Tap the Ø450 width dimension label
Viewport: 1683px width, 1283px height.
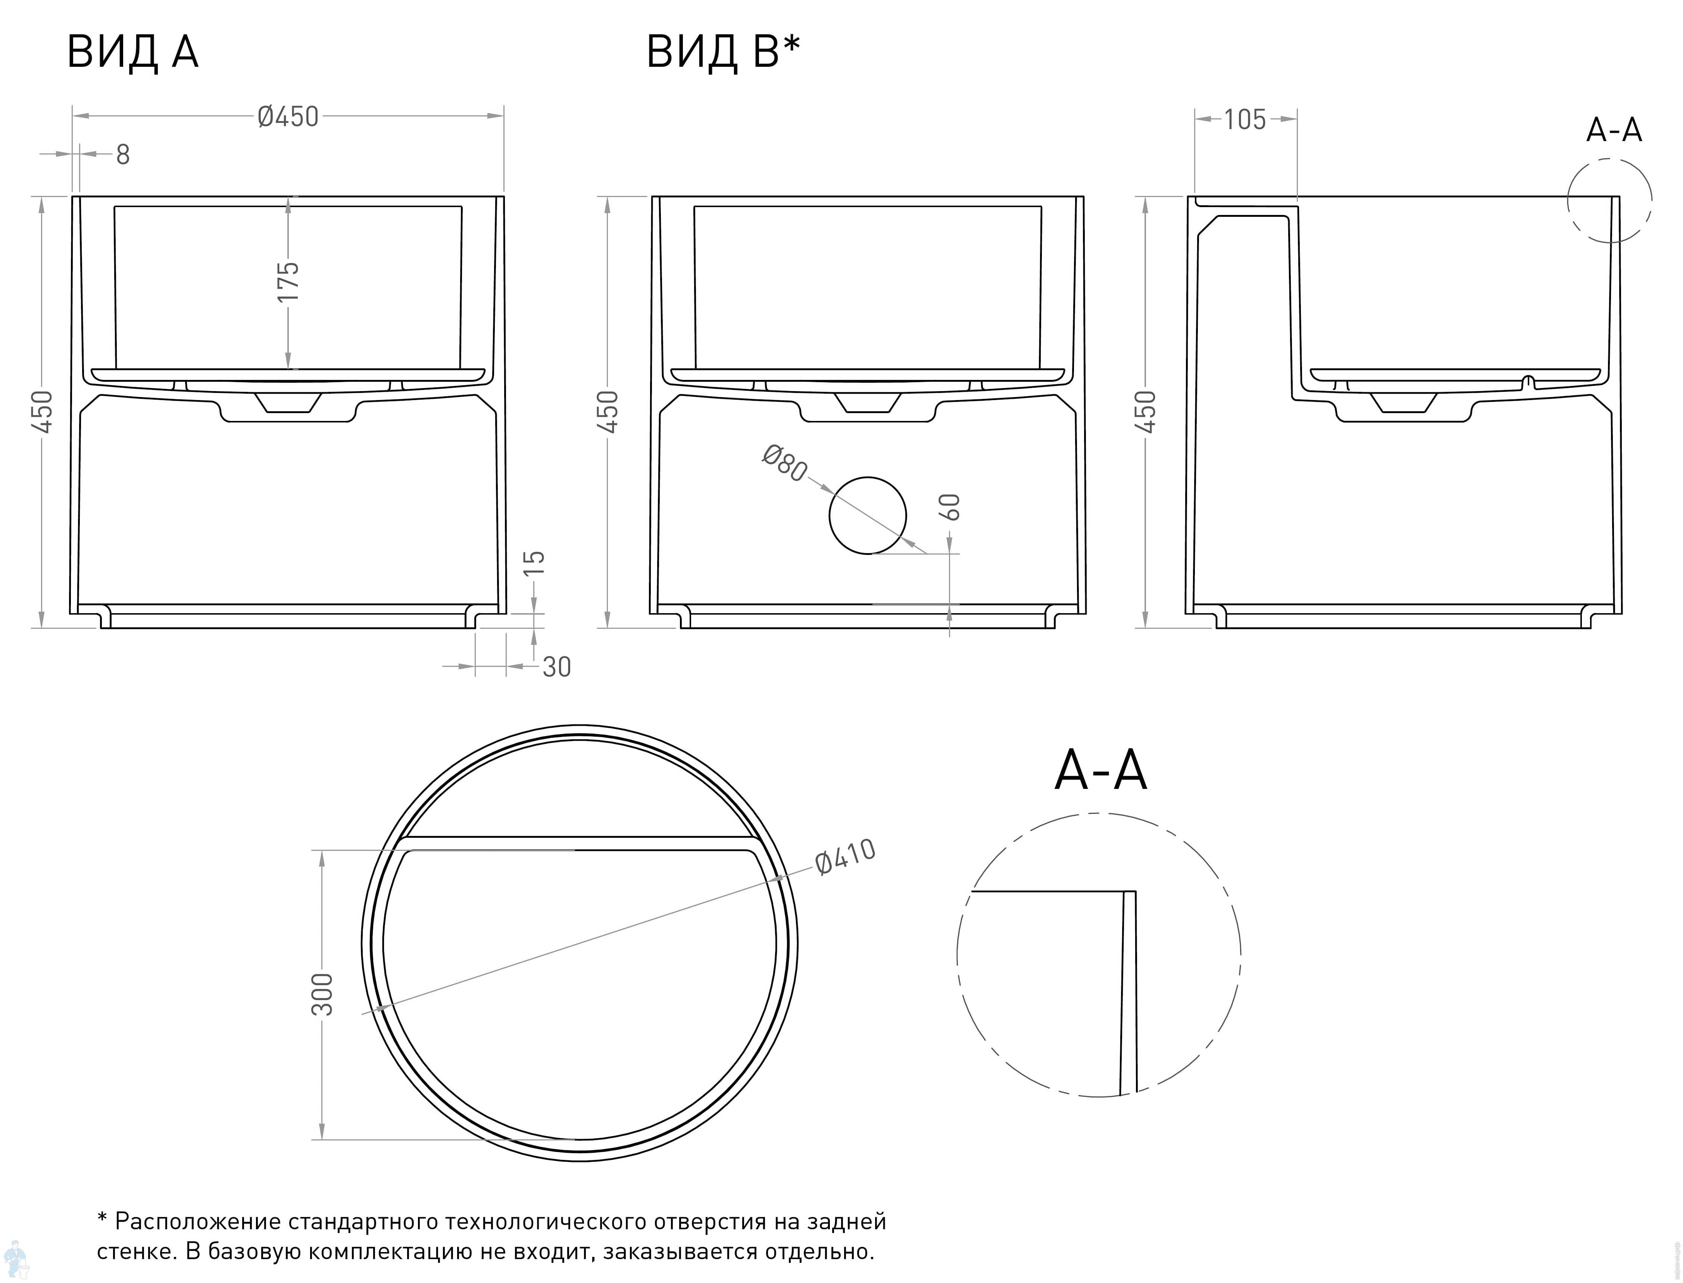[x=288, y=117]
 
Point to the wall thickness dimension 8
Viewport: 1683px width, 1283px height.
[x=123, y=155]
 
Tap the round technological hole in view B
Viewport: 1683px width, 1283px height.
[x=868, y=515]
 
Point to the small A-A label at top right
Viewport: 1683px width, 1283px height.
[x=1614, y=131]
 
